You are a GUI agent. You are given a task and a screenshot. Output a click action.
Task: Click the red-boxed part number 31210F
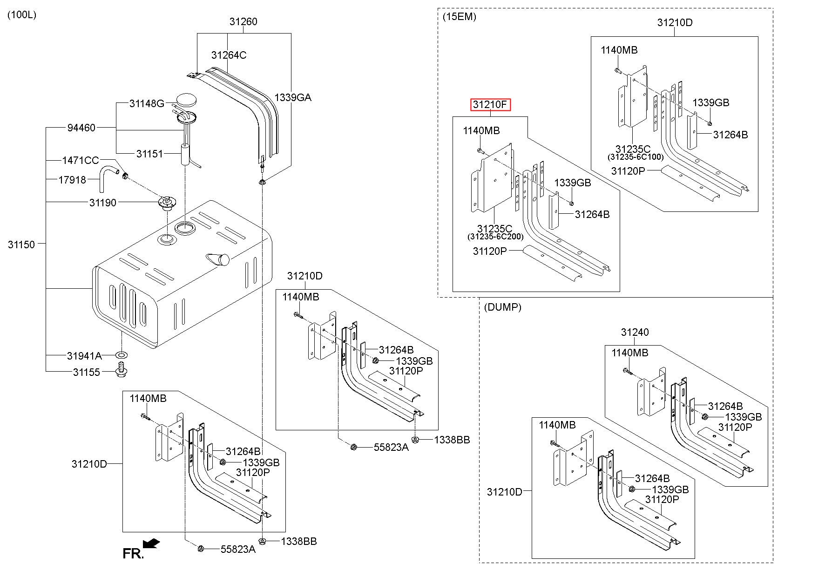point(490,105)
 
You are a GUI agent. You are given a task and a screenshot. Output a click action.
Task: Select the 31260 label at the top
point(243,21)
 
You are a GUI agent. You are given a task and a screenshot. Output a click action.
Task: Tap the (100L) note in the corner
point(22,15)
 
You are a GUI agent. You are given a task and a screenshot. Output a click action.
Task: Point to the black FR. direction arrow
point(151,544)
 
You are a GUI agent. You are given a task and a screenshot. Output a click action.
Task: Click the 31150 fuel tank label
point(21,245)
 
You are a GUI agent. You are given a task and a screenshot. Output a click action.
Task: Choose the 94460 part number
point(81,128)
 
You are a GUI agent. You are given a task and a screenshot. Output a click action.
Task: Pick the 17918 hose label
point(72,180)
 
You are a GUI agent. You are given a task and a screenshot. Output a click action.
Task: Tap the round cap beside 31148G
point(187,100)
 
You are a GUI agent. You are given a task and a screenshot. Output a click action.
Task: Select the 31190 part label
point(103,203)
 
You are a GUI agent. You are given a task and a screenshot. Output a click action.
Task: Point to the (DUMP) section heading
point(503,307)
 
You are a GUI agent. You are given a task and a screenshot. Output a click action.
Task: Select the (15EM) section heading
point(460,17)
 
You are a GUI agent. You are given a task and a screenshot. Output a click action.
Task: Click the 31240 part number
point(635,332)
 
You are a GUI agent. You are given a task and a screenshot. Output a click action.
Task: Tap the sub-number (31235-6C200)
point(495,237)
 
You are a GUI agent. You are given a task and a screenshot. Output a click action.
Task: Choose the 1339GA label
point(293,97)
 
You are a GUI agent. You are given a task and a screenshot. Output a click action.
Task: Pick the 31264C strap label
point(229,55)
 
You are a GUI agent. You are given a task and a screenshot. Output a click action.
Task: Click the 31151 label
point(149,154)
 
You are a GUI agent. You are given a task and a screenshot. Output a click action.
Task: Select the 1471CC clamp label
point(81,161)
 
